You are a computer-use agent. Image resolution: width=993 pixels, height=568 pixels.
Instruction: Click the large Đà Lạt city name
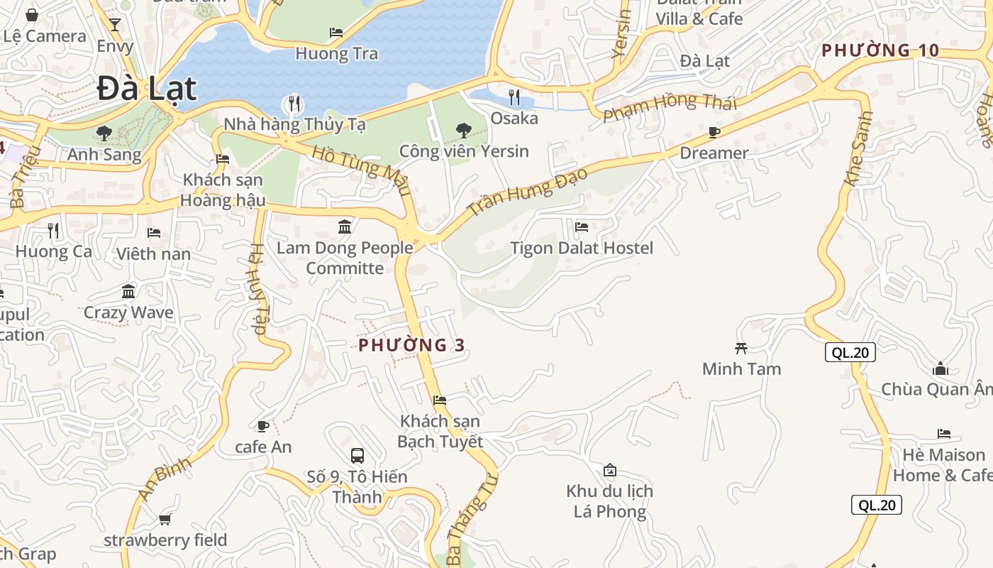(146, 89)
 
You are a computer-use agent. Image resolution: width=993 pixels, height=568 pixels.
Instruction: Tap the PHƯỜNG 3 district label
(411, 345)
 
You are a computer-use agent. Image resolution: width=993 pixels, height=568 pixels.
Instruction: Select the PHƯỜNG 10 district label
(880, 50)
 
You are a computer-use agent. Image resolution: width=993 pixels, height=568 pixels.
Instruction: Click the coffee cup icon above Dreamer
(714, 133)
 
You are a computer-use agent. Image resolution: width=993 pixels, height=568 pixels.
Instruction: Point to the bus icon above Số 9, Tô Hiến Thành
(357, 455)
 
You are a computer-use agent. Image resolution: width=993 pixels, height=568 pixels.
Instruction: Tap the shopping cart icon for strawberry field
(165, 519)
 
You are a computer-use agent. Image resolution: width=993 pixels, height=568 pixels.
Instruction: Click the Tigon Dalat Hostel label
(582, 248)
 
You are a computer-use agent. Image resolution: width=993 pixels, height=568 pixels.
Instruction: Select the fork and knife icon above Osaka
(514, 97)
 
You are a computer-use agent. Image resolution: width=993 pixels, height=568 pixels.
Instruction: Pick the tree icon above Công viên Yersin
(464, 130)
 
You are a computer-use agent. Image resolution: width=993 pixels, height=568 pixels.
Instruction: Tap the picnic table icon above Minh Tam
(741, 348)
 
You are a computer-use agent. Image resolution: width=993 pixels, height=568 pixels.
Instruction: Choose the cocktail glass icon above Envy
(115, 25)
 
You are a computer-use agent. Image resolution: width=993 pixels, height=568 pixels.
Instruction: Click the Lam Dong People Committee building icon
(345, 227)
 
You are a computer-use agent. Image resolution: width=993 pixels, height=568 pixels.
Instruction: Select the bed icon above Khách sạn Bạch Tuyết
(440, 400)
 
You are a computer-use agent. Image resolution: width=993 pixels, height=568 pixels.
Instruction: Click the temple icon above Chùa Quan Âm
(941, 368)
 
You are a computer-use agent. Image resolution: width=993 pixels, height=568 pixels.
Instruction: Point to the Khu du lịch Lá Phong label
(610, 501)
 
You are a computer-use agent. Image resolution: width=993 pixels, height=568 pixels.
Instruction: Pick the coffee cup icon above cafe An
(262, 426)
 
